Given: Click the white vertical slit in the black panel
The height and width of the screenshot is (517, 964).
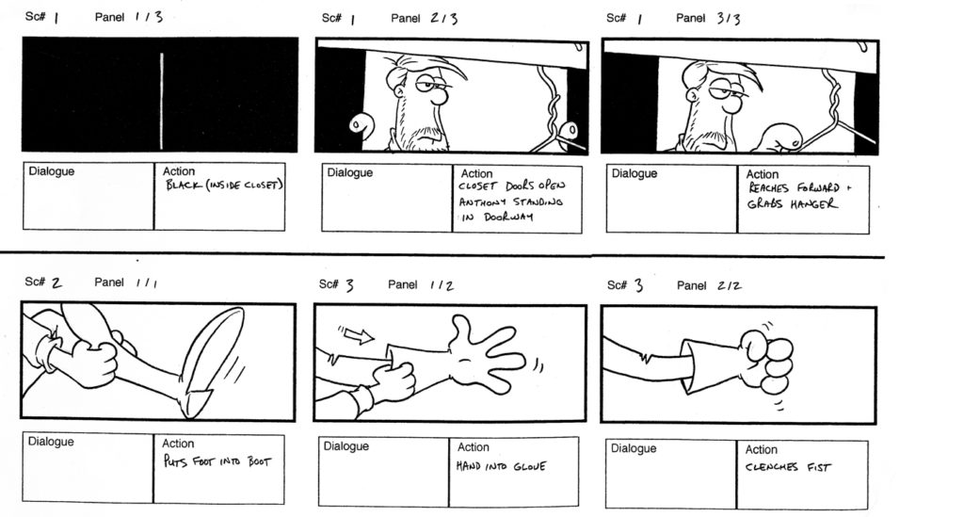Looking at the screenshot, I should (x=161, y=94).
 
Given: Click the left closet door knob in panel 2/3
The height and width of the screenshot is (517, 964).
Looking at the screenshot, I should (x=357, y=124).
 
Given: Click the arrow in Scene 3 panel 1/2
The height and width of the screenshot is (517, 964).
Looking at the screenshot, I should (x=358, y=333).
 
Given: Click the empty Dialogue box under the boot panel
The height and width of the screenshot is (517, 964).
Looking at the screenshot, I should (x=88, y=468).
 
